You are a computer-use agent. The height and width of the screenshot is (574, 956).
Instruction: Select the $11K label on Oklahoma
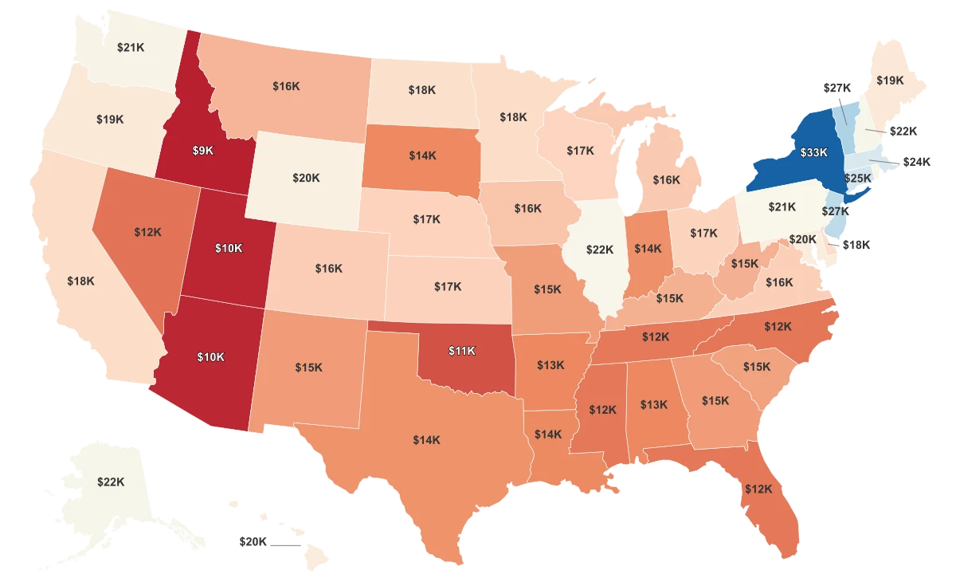pos(461,350)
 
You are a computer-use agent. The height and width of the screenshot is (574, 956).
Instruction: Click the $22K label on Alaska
pos(111,482)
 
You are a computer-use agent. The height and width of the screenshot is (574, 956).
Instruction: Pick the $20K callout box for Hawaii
pos(253,541)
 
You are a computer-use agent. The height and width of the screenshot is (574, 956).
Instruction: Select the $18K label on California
pos(80,281)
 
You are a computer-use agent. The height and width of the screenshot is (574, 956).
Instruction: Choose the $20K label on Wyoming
pos(305,178)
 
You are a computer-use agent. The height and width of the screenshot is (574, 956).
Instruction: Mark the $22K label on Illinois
pos(600,250)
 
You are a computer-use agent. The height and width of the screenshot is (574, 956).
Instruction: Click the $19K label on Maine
pos(890,80)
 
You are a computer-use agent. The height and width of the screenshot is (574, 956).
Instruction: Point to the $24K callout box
pos(916,161)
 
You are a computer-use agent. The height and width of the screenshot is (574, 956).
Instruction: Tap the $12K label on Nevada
pos(148,232)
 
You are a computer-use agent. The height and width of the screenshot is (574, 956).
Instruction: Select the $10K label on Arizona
pos(210,357)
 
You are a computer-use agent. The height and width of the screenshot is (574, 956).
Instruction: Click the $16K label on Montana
pos(286,85)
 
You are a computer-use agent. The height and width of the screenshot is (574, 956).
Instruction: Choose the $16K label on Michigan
pos(666,180)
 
